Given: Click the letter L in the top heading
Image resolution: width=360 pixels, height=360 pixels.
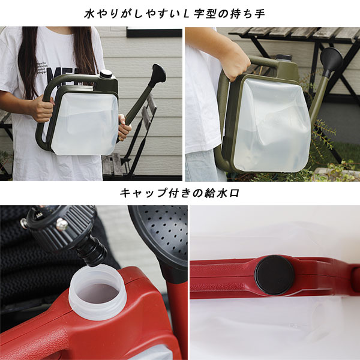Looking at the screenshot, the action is tap(185, 14).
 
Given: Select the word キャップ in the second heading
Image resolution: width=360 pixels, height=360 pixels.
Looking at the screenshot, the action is tap(139, 193).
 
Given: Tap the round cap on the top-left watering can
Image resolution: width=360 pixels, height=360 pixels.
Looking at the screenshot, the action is tap(106, 74).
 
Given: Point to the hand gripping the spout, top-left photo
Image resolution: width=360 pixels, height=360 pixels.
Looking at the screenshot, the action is tap(124, 127).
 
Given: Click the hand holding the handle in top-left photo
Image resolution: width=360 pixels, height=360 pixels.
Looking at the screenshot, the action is tap(43, 109).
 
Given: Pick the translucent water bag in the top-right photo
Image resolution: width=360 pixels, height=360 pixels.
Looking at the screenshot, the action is tap(271, 125).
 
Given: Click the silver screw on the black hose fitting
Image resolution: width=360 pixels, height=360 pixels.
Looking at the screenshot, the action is tap(62, 224).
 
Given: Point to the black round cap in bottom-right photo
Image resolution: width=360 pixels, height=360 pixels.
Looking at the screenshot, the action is tap(275, 275).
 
